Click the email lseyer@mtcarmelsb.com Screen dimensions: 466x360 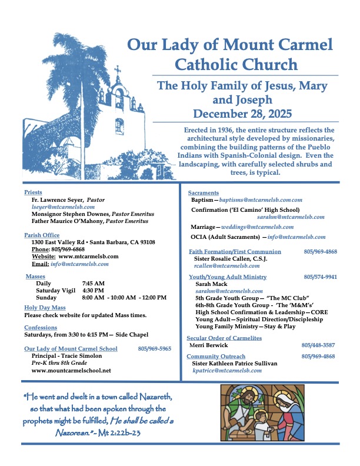click(x=63, y=207)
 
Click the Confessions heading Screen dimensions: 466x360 click(x=41, y=327)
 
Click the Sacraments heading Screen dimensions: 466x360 click(x=203, y=193)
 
